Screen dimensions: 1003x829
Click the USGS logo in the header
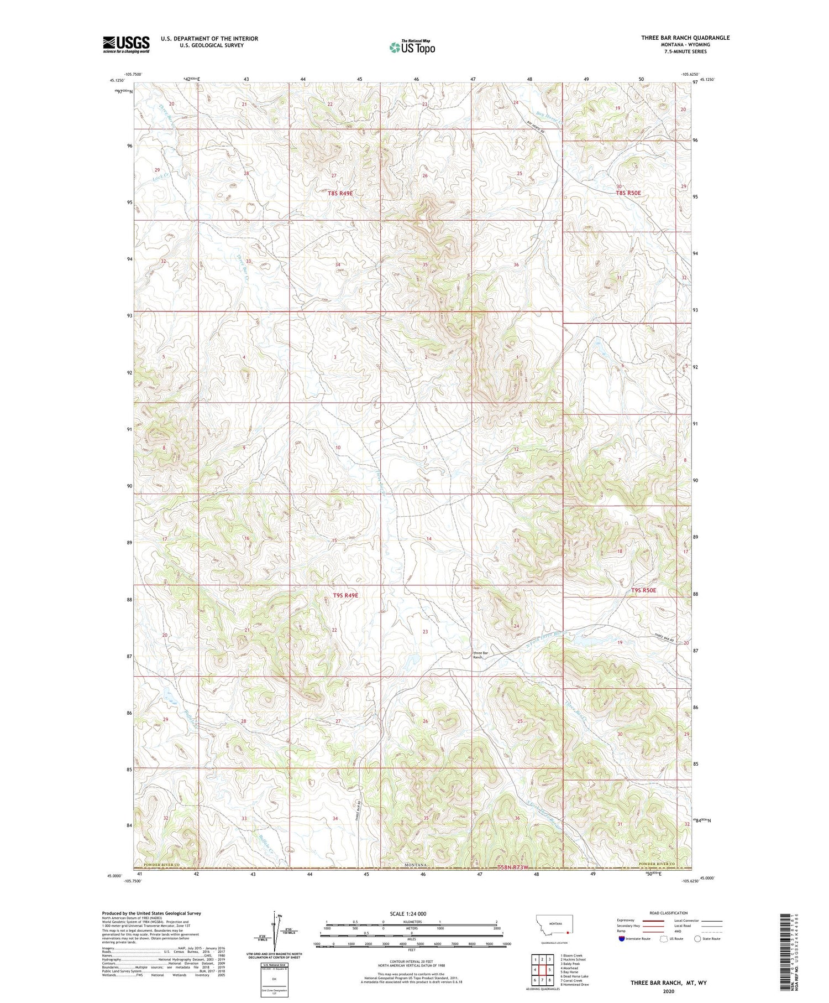pyautogui.click(x=126, y=44)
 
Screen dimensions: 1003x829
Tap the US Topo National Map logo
pyautogui.click(x=412, y=47)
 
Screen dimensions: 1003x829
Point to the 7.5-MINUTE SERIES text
pyautogui.click(x=685, y=51)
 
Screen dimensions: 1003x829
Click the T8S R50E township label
pyautogui.click(x=628, y=193)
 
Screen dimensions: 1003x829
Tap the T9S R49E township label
pyautogui.click(x=345, y=596)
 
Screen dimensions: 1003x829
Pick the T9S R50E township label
pyautogui.click(x=643, y=590)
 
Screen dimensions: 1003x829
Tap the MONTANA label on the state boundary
pyautogui.click(x=415, y=865)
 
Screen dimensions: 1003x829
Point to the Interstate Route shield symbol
pyautogui.click(x=622, y=939)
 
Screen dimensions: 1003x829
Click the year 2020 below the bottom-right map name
pyautogui.click(x=669, y=990)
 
